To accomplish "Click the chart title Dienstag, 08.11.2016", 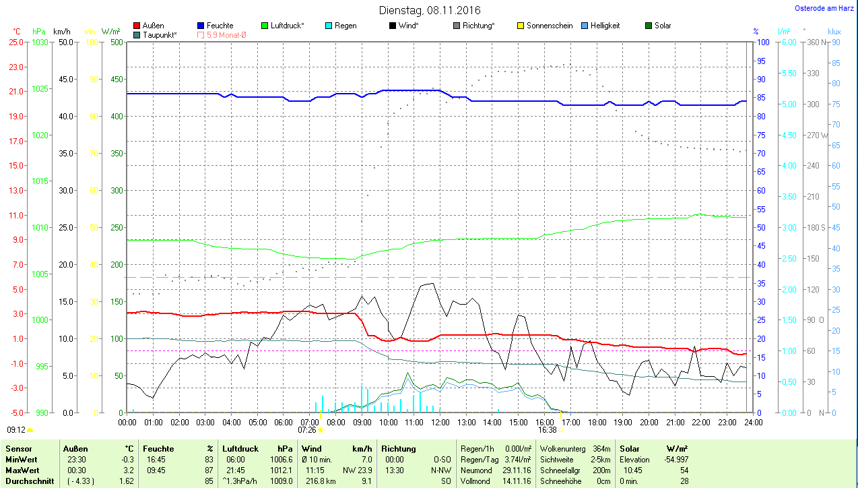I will (x=430, y=10).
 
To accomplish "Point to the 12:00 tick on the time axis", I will (x=440, y=423).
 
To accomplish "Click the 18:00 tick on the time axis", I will (x=597, y=423).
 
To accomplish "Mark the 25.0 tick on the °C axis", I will (x=15, y=42).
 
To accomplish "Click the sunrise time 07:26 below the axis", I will (x=307, y=429).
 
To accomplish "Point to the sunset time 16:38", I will (x=547, y=429).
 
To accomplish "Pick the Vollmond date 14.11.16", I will (x=517, y=481).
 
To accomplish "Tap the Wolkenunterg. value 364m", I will (x=601, y=448).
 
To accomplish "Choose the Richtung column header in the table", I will (x=398, y=448).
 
